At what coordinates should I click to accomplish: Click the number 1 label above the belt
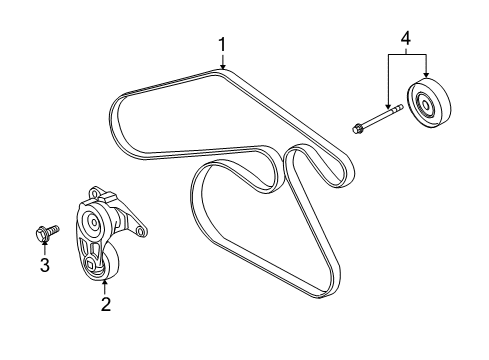(x=222, y=44)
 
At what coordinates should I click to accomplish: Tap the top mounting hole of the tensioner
(x=95, y=190)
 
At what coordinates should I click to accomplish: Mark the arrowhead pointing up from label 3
(x=43, y=246)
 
